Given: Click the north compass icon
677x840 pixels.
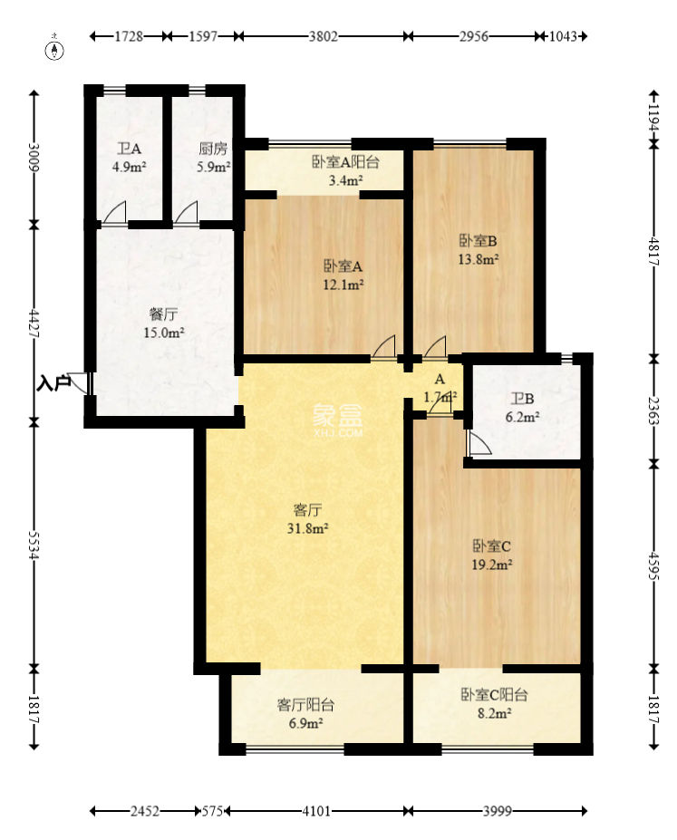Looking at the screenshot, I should tap(57, 48).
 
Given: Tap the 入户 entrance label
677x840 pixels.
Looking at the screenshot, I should tap(54, 383).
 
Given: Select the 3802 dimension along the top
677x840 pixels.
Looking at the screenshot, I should tap(323, 37).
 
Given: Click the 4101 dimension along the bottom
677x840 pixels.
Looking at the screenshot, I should tap(315, 810).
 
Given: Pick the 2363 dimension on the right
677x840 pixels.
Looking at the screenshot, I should tap(654, 410).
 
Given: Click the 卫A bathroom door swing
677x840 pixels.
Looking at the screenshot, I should tap(114, 212).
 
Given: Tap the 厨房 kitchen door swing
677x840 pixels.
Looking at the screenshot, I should tap(187, 212).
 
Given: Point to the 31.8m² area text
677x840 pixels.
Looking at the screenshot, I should tap(309, 526).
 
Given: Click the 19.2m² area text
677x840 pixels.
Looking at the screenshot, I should tap(493, 565).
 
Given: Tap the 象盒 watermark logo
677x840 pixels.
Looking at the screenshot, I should tap(338, 420).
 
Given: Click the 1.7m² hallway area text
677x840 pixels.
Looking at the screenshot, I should tap(441, 396).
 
